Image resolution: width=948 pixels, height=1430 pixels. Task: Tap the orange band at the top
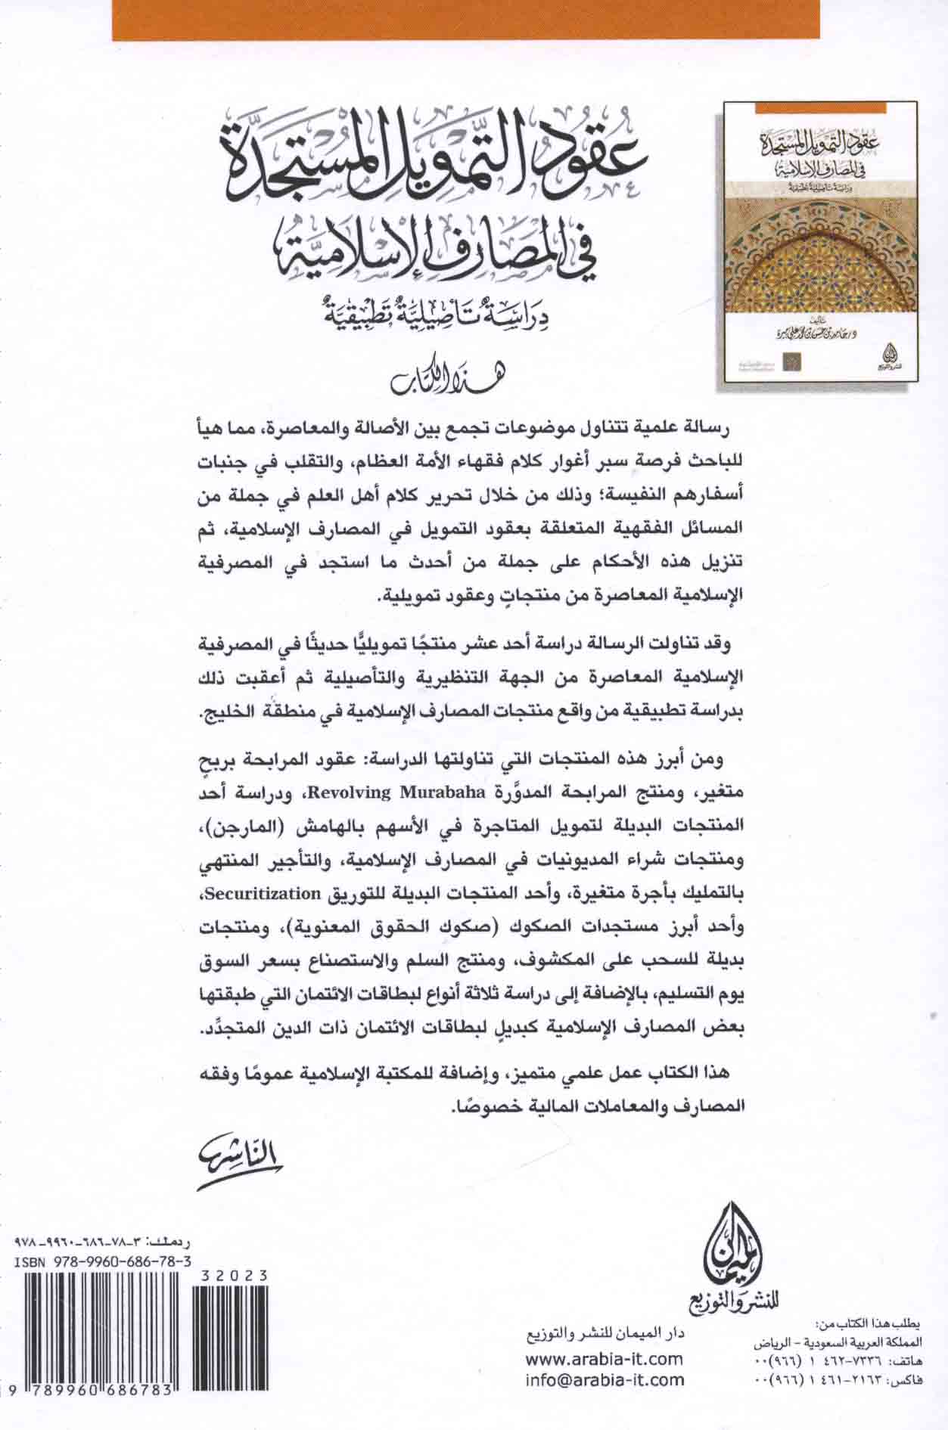coord(465,20)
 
